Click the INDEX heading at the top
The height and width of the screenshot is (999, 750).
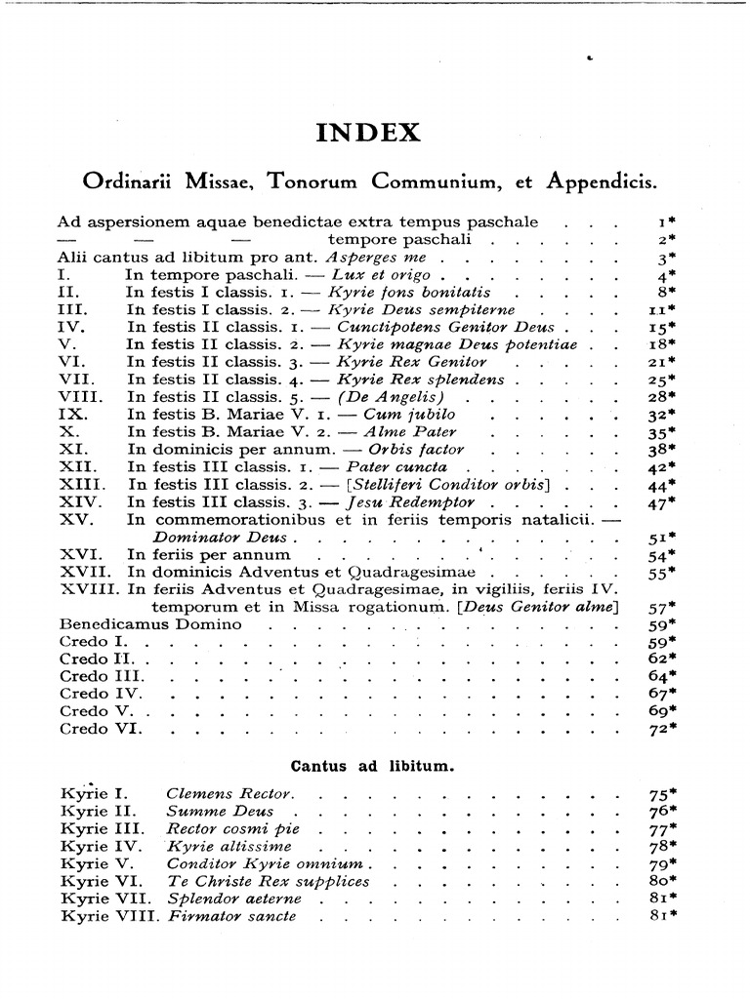tap(368, 133)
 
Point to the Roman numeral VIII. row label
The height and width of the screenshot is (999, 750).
tap(82, 397)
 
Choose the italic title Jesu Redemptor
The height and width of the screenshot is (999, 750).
tap(393, 502)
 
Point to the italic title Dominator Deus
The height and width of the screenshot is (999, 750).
tap(220, 538)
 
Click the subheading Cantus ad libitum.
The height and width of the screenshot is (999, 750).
tap(373, 766)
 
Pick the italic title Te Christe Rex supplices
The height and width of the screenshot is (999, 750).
tap(269, 881)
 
